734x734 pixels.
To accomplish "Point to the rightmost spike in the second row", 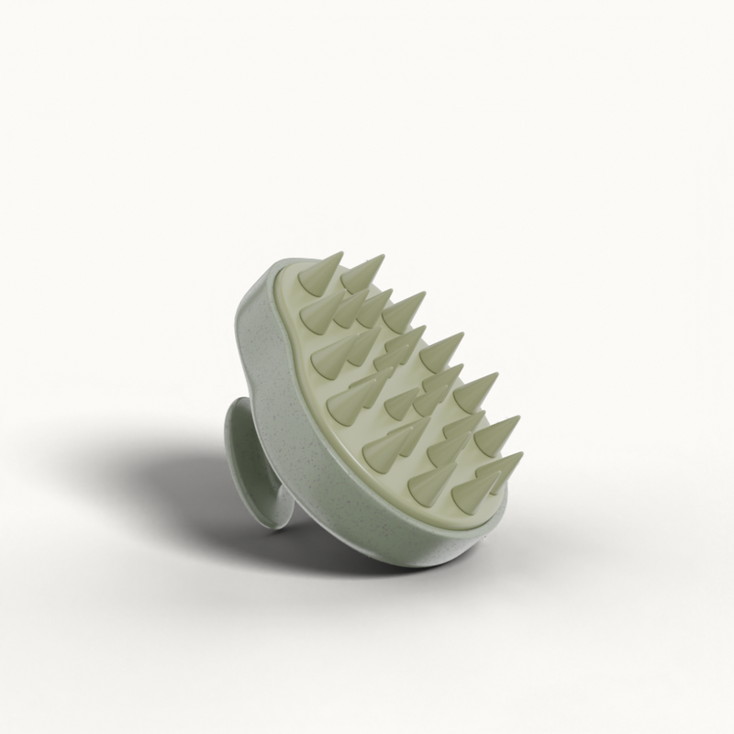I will pos(405,313).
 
